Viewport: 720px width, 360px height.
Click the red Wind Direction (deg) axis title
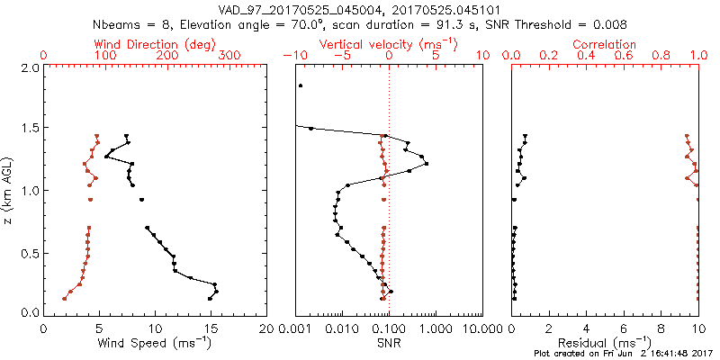[x=156, y=44]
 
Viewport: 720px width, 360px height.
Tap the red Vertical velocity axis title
[x=389, y=44]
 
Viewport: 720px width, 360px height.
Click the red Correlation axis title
[x=605, y=44]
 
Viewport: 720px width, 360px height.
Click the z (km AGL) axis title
[x=8, y=189]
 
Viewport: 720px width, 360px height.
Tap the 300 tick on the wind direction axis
[x=229, y=56]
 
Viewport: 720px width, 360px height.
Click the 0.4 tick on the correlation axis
[x=587, y=56]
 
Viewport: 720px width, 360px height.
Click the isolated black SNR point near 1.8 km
[x=301, y=86]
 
